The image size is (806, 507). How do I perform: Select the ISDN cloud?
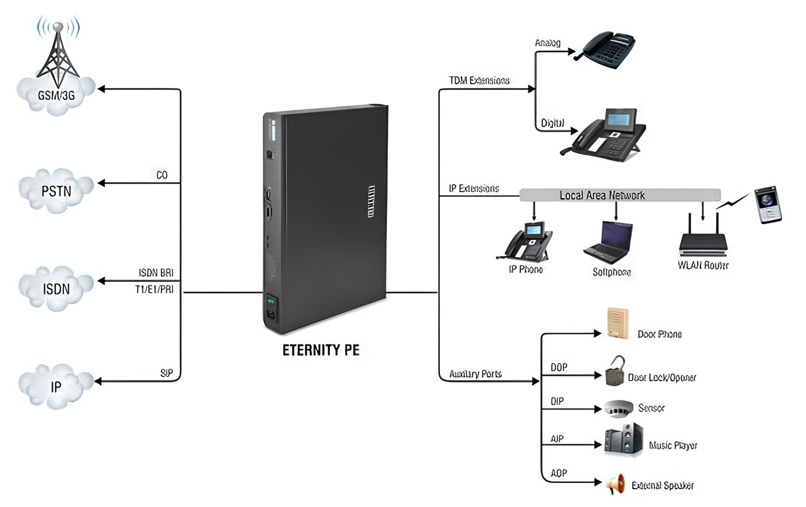[x=57, y=287]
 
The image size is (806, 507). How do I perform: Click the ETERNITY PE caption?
[x=321, y=350]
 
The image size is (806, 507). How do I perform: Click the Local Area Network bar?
[x=619, y=195]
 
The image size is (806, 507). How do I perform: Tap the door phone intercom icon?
[x=617, y=323]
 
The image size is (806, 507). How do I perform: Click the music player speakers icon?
[x=624, y=440]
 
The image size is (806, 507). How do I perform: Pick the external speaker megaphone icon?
[x=616, y=484]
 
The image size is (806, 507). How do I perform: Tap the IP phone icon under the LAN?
[x=529, y=241]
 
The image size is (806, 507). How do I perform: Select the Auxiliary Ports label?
[x=475, y=374]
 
